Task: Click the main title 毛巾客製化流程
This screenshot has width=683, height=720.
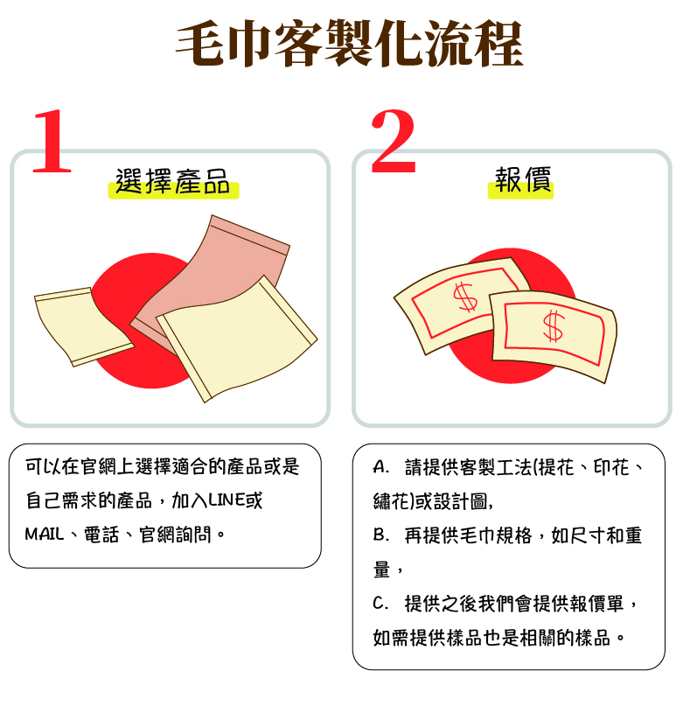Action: (x=349, y=43)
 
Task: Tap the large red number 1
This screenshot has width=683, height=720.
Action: (x=52, y=141)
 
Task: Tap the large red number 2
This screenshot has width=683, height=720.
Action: (x=394, y=141)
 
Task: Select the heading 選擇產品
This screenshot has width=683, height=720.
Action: (x=172, y=181)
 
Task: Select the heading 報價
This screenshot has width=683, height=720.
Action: (x=522, y=179)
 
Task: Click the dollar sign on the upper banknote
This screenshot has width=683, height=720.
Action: (x=465, y=297)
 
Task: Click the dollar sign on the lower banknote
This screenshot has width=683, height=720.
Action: (x=553, y=326)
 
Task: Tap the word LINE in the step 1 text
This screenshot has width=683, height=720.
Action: (x=227, y=500)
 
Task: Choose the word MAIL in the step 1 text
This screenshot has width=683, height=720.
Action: (x=44, y=535)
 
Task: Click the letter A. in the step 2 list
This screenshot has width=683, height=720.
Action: (x=381, y=467)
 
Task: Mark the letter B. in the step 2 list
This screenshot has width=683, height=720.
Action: (x=381, y=535)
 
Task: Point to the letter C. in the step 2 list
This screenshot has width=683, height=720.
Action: (x=381, y=604)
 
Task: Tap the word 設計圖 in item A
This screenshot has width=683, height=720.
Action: (x=460, y=501)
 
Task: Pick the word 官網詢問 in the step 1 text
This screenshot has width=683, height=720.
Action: (x=175, y=535)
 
